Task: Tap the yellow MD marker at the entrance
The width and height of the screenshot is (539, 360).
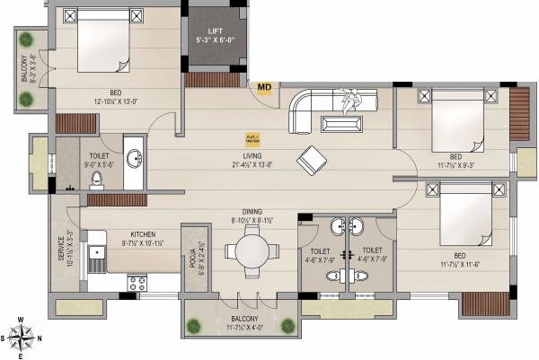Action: click(264, 87)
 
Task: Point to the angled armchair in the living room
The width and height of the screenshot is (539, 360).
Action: click(313, 159)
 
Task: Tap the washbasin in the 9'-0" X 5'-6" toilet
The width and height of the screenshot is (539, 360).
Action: click(133, 159)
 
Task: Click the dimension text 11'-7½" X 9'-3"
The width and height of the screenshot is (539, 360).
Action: click(457, 164)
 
